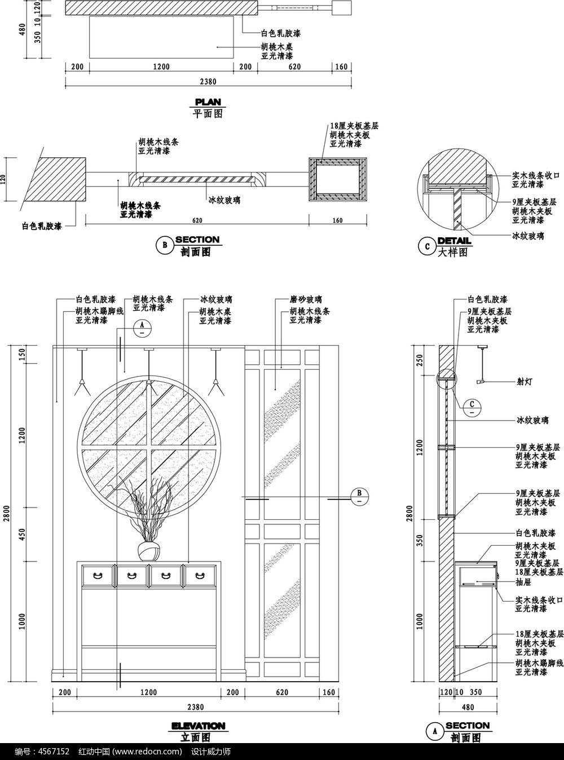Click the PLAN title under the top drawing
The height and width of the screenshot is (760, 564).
(208, 102)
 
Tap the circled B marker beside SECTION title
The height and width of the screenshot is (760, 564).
(165, 245)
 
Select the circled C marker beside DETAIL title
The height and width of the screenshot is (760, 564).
(427, 246)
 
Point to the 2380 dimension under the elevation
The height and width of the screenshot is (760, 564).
(196, 707)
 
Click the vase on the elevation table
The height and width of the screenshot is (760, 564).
(149, 551)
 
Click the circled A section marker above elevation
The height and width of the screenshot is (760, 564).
(142, 327)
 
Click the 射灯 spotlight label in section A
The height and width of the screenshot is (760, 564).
(524, 381)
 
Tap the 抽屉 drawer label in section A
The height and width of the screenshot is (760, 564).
(523, 581)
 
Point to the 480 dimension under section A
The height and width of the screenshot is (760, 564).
(468, 707)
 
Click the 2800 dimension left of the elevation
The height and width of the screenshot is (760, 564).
(7, 513)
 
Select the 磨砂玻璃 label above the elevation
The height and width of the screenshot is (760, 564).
(306, 299)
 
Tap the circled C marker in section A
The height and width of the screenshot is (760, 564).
(472, 406)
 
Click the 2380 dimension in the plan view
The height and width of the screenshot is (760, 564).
(208, 82)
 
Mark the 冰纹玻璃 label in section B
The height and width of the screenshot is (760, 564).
(224, 200)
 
